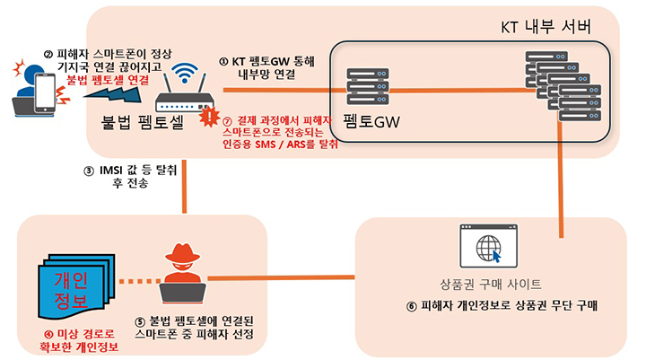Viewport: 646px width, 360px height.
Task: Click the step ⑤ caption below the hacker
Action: (194, 328)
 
